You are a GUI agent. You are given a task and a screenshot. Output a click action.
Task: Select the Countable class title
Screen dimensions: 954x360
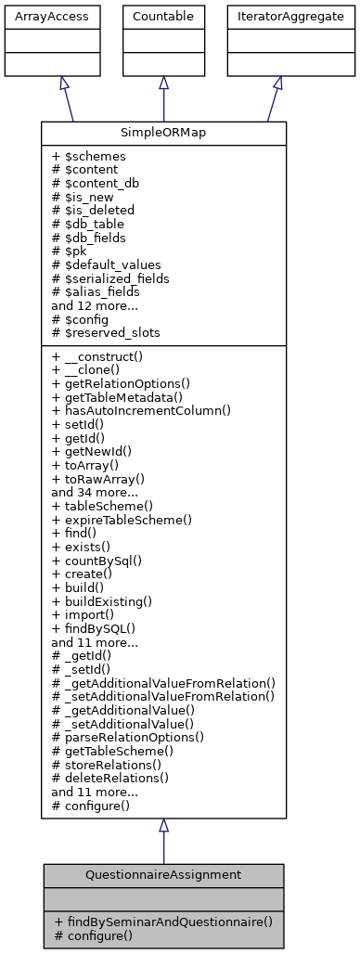pyautogui.click(x=163, y=17)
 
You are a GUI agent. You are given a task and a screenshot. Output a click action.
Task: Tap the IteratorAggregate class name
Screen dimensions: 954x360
pyautogui.click(x=277, y=17)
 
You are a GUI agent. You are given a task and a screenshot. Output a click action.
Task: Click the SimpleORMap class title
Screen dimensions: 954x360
pyautogui.click(x=163, y=133)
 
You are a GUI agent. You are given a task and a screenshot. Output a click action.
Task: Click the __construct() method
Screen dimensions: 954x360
pyautogui.click(x=103, y=356)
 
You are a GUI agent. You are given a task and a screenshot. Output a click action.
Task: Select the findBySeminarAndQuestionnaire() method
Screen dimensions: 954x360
pyautogui.click(x=163, y=922)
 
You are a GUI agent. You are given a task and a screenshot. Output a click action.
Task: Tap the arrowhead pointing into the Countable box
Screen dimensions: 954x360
pyautogui.click(x=163, y=83)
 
